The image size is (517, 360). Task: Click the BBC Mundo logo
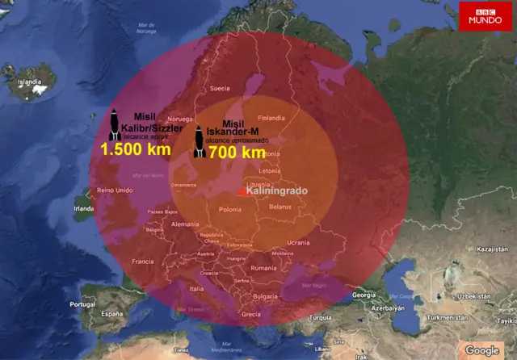[485, 16]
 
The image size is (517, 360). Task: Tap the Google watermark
[482, 350]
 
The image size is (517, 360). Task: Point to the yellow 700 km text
[237, 152]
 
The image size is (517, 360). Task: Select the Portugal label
[82, 304]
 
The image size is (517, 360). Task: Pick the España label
[111, 312]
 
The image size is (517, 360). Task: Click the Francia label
[143, 262]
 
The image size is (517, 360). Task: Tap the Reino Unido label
[114, 190]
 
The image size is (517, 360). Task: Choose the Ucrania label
[298, 242]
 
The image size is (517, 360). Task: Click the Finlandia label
[271, 118]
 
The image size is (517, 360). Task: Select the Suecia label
[220, 88]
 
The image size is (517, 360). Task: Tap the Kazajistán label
[491, 250]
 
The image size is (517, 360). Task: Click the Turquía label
[321, 317]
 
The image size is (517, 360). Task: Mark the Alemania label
[185, 224]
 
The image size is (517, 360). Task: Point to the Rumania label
[263, 267]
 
